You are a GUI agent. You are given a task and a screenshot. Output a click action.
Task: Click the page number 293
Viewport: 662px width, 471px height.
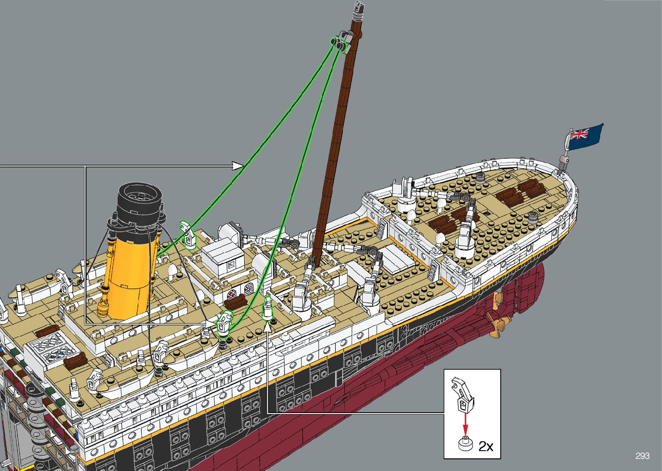pyautogui.click(x=643, y=456)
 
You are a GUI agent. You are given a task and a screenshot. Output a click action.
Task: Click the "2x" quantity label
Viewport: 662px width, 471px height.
pyautogui.click(x=486, y=446)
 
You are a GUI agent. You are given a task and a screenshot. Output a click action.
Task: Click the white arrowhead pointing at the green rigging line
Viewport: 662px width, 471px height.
pyautogui.click(x=238, y=166)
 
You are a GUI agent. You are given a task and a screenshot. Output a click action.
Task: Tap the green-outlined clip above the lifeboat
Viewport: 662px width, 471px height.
pyautogui.click(x=225, y=323)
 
